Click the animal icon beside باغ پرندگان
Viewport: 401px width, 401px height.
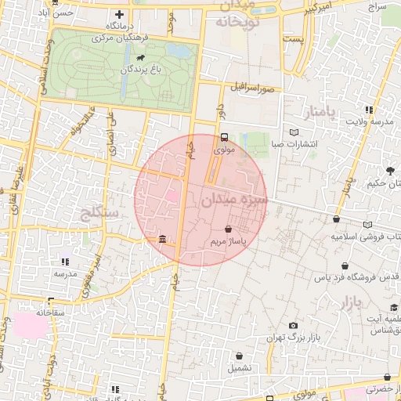tap(140, 58)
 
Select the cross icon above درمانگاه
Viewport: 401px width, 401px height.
tap(119, 14)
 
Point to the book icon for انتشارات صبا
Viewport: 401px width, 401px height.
tap(294, 132)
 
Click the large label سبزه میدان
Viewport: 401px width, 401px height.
tap(233, 200)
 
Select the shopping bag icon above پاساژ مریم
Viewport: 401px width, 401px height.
tap(227, 229)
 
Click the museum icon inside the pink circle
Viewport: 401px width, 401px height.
tap(162, 238)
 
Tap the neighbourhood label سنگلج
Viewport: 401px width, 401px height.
tap(99, 213)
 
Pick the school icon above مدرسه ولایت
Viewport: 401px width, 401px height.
tap(368, 110)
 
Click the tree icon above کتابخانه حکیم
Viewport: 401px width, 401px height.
tap(391, 171)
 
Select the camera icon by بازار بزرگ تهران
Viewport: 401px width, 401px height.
tap(293, 325)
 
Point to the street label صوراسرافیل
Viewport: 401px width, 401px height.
tap(252, 87)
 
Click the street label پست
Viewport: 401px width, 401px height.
tap(294, 38)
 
